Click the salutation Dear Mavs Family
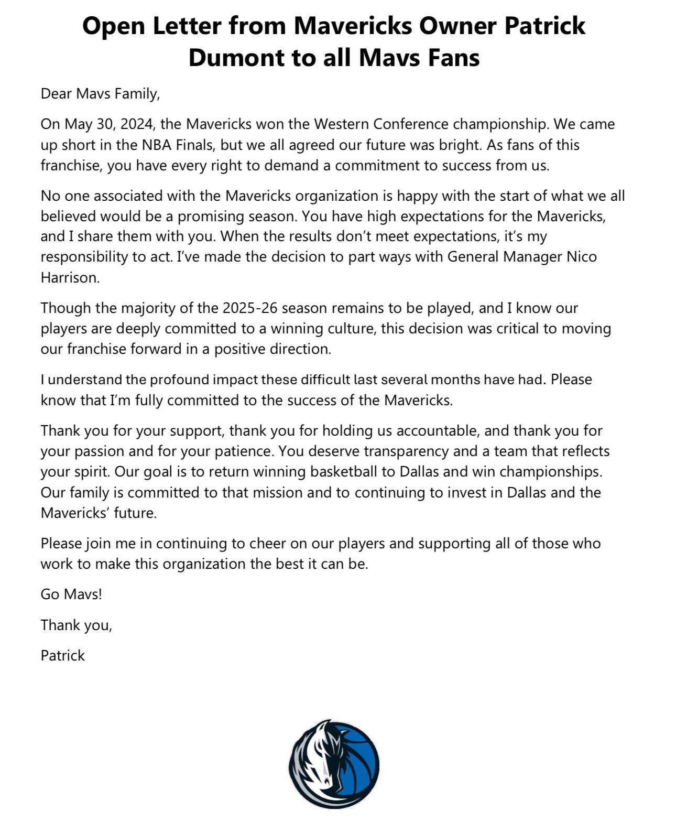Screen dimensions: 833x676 coord(100,94)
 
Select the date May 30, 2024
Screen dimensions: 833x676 coord(110,124)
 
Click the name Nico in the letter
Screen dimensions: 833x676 coord(582,257)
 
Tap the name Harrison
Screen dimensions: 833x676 coord(69,277)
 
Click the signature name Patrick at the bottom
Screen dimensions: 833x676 coord(62,656)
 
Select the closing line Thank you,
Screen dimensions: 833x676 coord(77,625)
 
